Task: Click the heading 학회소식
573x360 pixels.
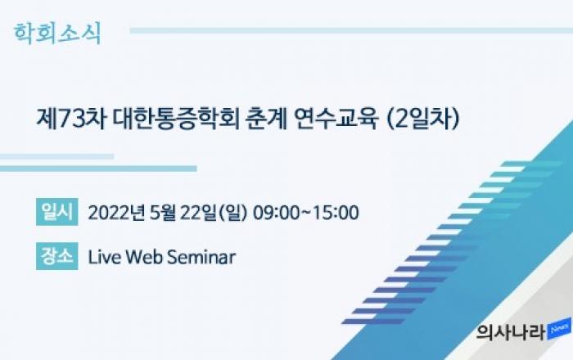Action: [57, 34]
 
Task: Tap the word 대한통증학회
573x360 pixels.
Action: [176, 119]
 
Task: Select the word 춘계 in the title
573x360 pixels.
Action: [266, 119]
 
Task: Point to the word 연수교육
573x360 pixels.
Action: [335, 119]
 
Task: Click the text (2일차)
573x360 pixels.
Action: [422, 119]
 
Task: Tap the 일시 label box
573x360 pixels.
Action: [57, 212]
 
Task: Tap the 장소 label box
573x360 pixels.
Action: [57, 256]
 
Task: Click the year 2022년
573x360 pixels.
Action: [116, 213]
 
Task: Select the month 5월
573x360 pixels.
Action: [162, 213]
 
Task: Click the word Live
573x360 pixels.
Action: [104, 257]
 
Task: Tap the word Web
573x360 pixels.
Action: [144, 257]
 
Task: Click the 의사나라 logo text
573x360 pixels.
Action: [511, 333]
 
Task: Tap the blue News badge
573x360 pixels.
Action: [559, 330]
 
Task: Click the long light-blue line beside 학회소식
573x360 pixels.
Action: [351, 30]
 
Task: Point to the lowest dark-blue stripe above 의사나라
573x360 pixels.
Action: [372, 322]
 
